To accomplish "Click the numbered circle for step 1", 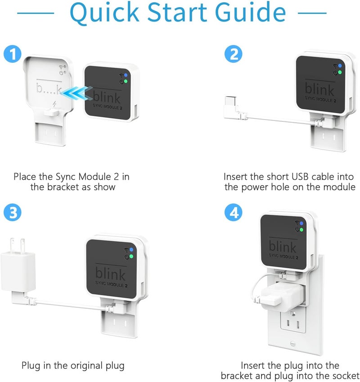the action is (13, 54).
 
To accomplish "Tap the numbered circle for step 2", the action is (234, 54).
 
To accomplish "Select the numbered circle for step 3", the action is (13, 212).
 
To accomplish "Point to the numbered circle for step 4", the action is (234, 212).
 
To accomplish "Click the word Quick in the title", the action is (104, 13).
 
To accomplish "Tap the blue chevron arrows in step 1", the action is (76, 93).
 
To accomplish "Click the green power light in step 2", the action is (340, 72).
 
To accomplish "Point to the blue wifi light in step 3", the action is (132, 250).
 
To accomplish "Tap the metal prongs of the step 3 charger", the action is (17, 245).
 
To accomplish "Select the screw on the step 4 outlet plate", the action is (293, 344).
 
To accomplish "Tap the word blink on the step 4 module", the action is (283, 246).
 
